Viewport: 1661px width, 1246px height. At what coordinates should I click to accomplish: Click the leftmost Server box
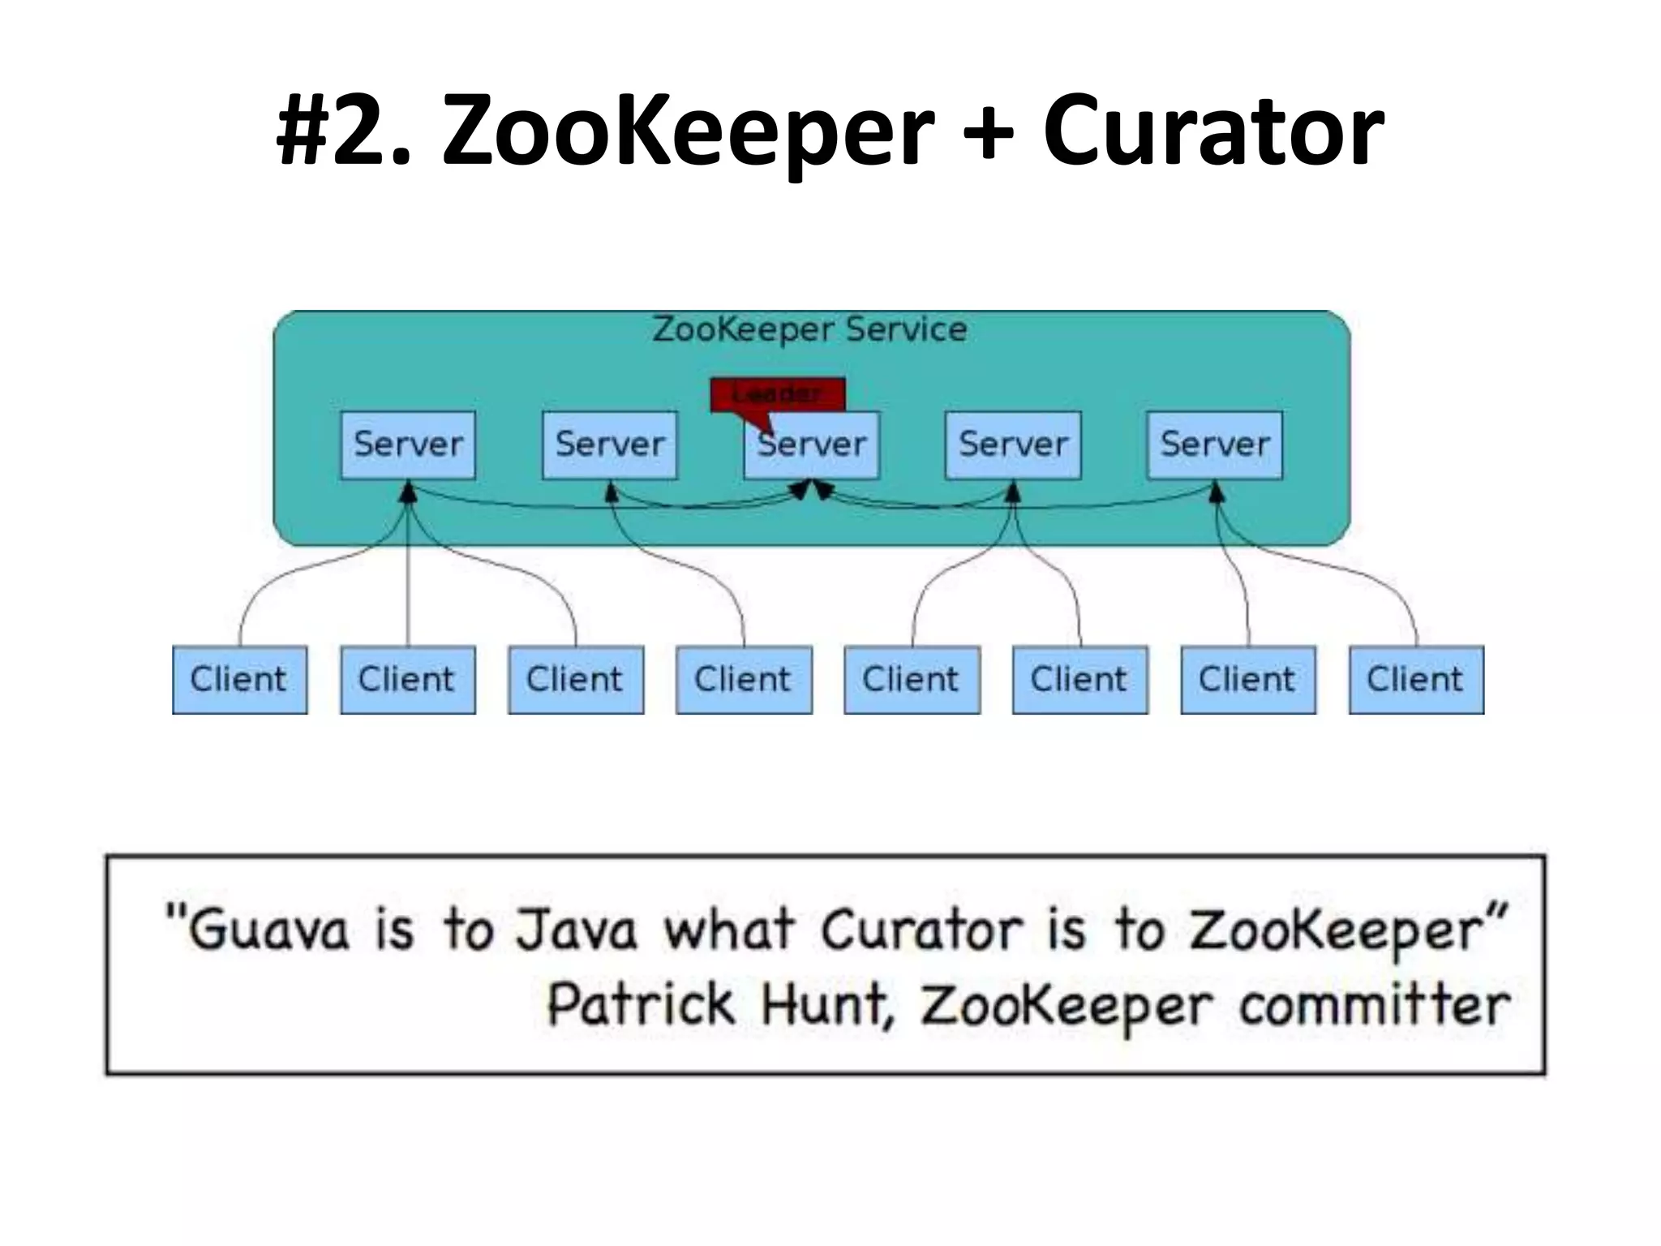(408, 445)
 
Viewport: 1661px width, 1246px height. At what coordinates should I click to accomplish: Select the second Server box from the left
(609, 445)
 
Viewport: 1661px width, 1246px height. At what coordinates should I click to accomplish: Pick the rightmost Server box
(1214, 445)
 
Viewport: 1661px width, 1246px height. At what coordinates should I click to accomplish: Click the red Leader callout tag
(777, 394)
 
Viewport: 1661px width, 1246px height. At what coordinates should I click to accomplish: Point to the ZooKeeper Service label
(809, 329)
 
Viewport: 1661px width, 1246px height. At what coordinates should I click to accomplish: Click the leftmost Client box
(239, 680)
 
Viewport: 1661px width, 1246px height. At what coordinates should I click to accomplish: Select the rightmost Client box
(1416, 680)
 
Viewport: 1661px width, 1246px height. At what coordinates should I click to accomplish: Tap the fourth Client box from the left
(744, 680)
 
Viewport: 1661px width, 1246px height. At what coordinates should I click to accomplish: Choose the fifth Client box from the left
(912, 680)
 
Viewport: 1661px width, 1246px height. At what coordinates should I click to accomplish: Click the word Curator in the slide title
(1212, 130)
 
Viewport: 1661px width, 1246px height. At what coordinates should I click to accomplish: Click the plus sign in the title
(987, 132)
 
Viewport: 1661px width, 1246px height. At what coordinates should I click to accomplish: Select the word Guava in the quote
(268, 930)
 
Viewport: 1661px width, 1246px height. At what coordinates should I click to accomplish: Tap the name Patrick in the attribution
(640, 1004)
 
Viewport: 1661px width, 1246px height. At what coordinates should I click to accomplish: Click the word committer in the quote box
(1374, 1006)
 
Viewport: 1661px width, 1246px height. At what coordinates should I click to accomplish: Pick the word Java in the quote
(577, 930)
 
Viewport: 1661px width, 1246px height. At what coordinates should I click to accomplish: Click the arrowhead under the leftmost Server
(409, 492)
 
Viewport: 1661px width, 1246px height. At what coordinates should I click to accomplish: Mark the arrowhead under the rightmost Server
(1216, 492)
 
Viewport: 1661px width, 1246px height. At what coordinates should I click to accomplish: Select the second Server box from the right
(1013, 445)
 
